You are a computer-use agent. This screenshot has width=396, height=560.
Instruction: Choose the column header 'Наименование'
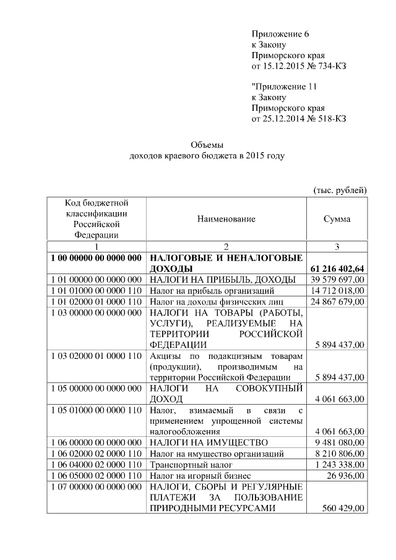click(226, 219)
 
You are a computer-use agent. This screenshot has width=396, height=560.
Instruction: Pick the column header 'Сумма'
click(337, 219)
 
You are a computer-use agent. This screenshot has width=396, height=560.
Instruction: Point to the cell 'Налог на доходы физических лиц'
click(217, 301)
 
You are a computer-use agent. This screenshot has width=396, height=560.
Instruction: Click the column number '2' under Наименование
click(226, 247)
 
